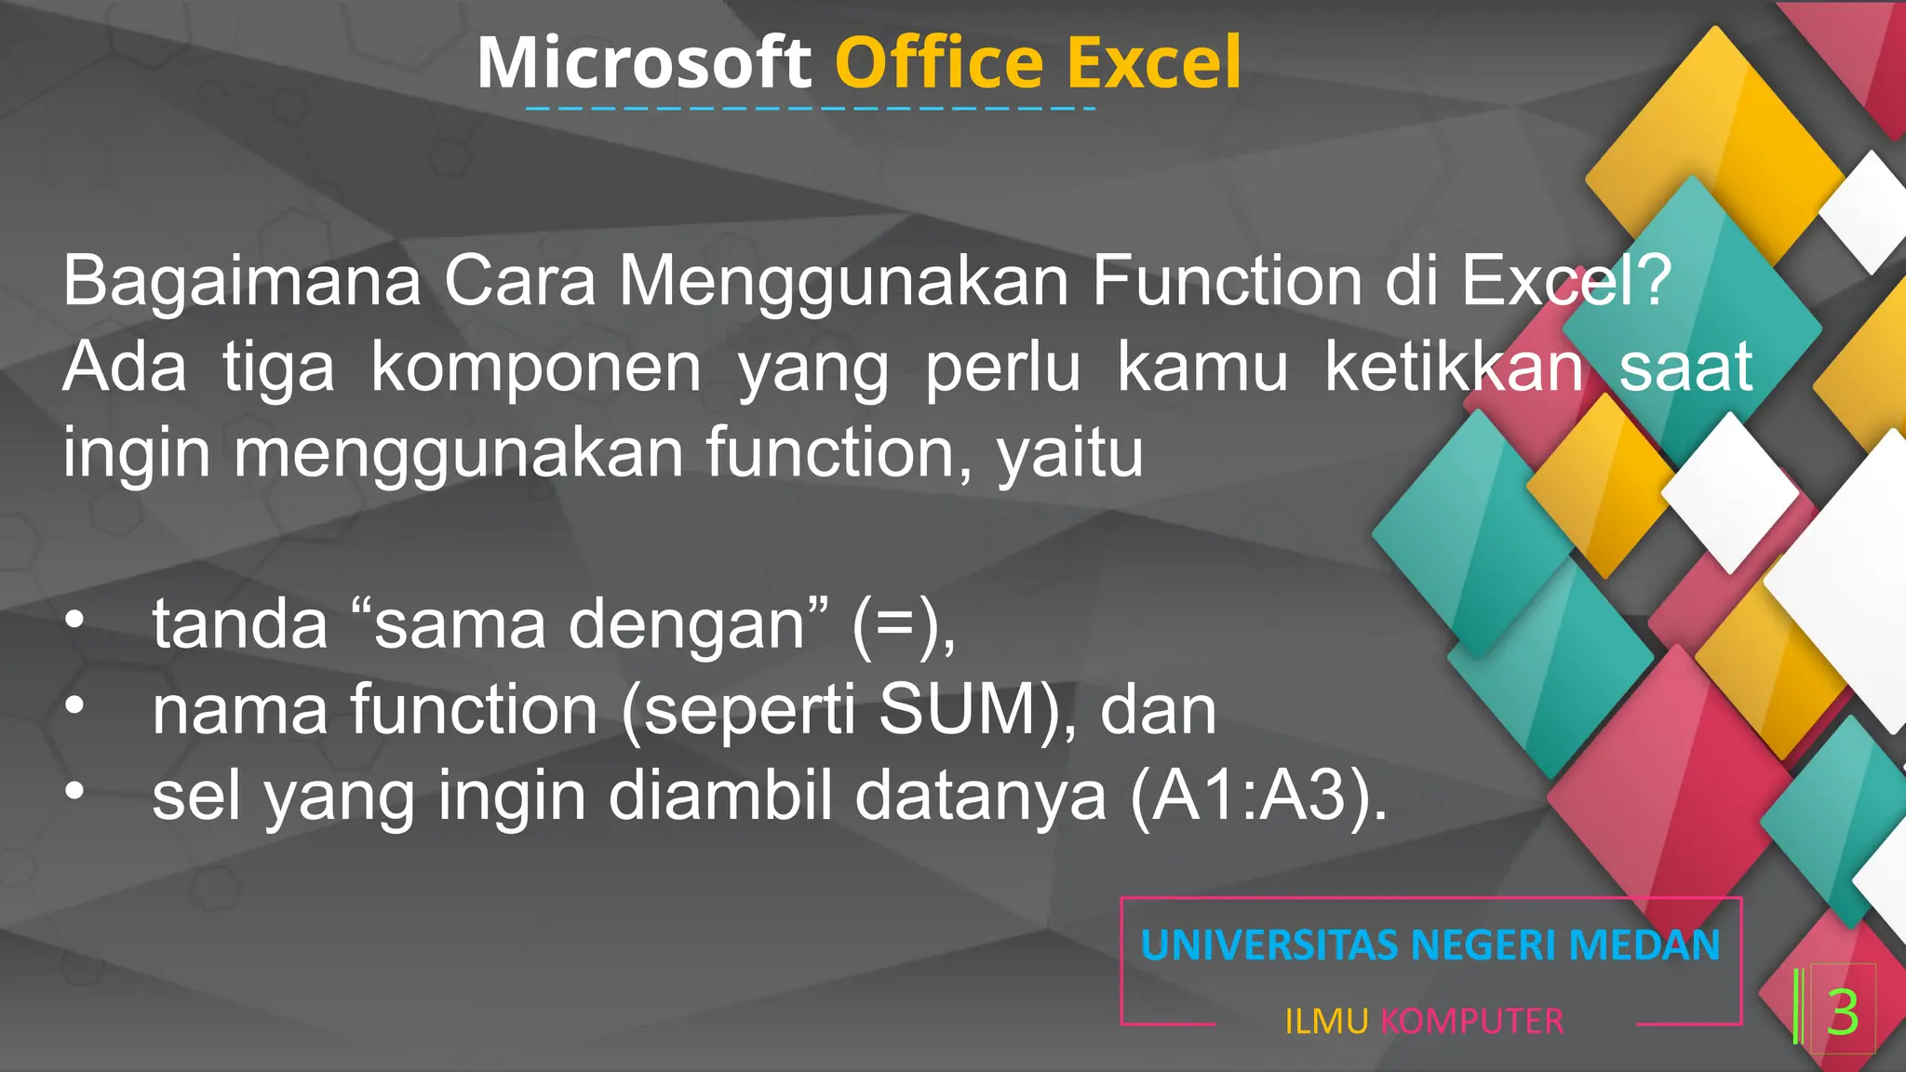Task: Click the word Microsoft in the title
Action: [x=644, y=63]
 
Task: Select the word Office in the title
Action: [x=940, y=63]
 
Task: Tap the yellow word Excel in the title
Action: [x=1154, y=63]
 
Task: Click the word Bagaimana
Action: [x=242, y=281]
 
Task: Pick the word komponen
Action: [x=536, y=367]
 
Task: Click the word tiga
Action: [x=278, y=367]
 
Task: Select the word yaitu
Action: [x=1070, y=453]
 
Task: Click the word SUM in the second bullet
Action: [x=958, y=710]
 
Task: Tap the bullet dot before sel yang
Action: [x=74, y=791]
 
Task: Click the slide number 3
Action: [x=1843, y=1012]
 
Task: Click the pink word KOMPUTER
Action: [x=1471, y=1022]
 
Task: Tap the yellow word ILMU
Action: [x=1326, y=1022]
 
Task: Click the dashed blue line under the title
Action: [x=810, y=109]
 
